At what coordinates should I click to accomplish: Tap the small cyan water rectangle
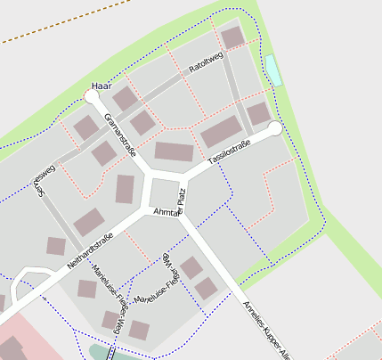coord(272,70)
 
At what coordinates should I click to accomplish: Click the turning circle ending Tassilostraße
coord(275,128)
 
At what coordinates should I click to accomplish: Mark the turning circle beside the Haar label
coord(93,95)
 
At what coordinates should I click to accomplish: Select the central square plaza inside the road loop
coord(163,192)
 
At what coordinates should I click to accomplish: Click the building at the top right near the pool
coord(232,37)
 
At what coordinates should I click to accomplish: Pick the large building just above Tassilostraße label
coord(221,132)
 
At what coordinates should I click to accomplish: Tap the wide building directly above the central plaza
coord(174,151)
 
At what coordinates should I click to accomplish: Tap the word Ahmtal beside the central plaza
coord(166,213)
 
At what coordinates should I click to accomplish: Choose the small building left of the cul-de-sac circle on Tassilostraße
coord(258,113)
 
